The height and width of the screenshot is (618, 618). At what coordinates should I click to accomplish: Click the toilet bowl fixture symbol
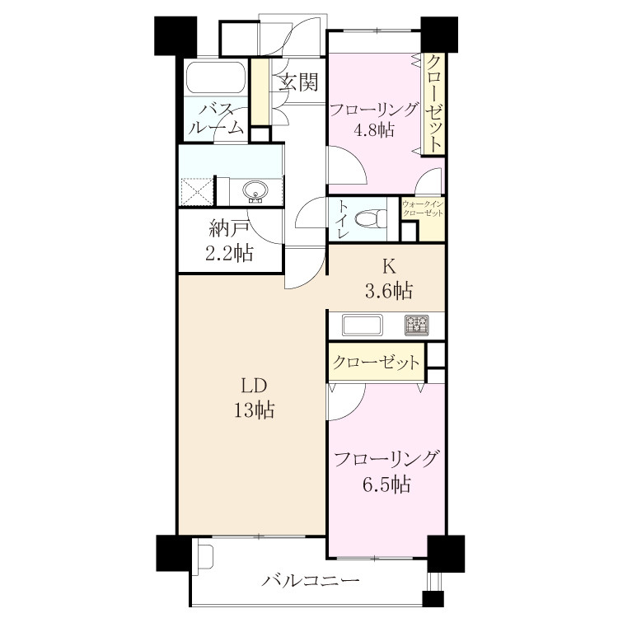click(371, 218)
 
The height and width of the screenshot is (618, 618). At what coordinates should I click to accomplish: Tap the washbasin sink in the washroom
click(256, 192)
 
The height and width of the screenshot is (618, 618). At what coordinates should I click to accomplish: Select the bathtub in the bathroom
click(216, 77)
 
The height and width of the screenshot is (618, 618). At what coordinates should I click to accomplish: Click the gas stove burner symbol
click(417, 325)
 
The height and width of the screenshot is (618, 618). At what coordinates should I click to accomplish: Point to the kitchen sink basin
click(363, 325)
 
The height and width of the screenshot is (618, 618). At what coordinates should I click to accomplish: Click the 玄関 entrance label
click(298, 82)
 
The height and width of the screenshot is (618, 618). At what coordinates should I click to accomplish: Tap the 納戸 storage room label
click(229, 228)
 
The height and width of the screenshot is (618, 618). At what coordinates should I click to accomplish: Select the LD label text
click(255, 386)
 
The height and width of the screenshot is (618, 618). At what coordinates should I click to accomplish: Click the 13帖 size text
click(255, 410)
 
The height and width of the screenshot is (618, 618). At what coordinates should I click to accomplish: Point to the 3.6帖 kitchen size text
click(389, 291)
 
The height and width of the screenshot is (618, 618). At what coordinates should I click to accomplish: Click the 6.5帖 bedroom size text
click(386, 485)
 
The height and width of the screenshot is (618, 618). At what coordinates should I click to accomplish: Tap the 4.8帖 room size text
click(373, 129)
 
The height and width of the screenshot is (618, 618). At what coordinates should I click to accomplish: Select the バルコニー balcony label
click(311, 581)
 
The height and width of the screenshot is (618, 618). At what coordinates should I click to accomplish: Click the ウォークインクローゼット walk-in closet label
click(423, 209)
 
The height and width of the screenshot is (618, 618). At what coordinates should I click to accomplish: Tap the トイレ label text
click(343, 219)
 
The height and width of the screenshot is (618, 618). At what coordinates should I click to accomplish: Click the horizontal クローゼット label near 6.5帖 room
click(376, 362)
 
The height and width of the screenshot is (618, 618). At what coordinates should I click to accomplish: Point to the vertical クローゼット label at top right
click(434, 104)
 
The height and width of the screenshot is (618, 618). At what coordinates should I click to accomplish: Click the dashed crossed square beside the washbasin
click(197, 192)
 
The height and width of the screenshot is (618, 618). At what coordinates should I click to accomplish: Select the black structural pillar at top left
click(176, 35)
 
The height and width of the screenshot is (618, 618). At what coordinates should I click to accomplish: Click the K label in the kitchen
click(389, 267)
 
